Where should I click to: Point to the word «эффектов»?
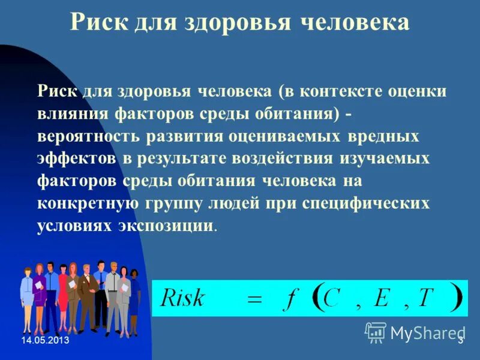click(x=77, y=158)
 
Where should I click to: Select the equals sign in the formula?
click(x=255, y=300)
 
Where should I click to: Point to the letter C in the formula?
click(x=331, y=298)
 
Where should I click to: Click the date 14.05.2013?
click(x=45, y=341)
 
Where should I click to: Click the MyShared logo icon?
click(x=376, y=332)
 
